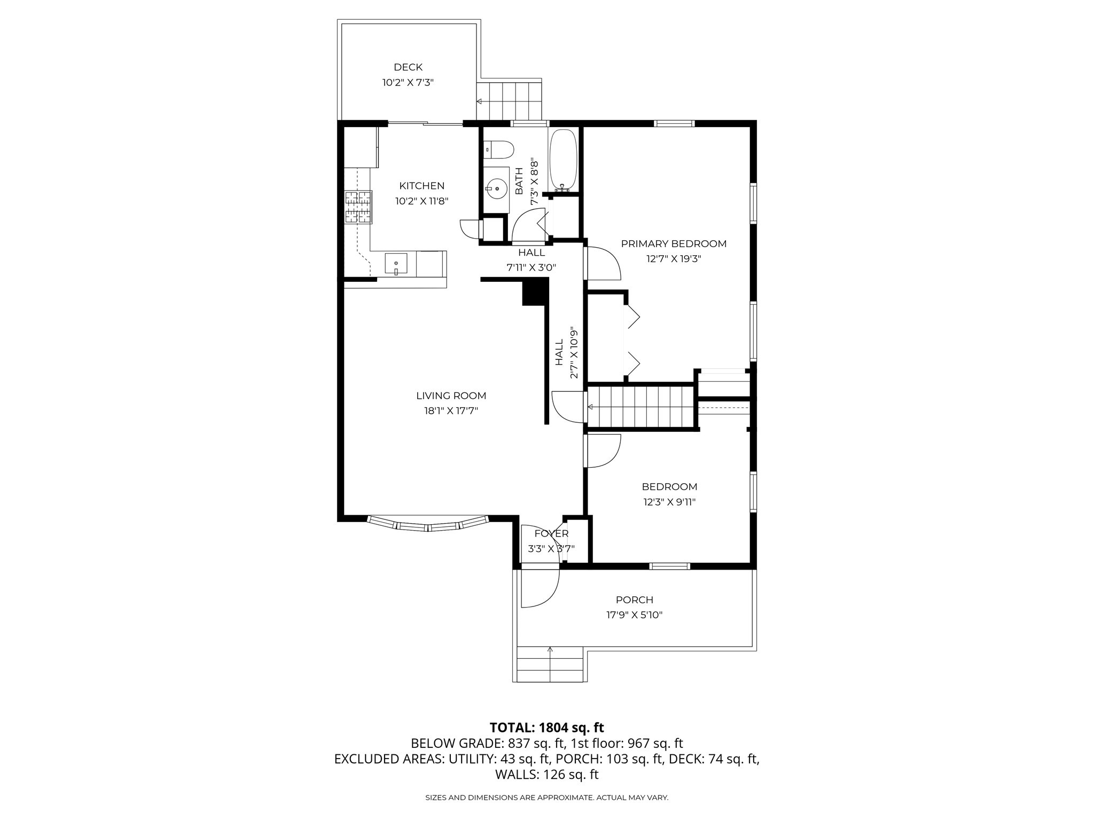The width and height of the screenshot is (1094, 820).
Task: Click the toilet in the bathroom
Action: pos(499,149)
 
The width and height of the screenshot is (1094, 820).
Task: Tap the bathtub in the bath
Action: pos(563,160)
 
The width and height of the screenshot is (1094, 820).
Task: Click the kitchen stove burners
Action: pos(358,207)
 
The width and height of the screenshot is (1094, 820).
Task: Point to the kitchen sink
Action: pos(396,264)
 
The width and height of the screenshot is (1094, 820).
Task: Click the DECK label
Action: pos(408,67)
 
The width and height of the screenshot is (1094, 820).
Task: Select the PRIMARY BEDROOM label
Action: pos(674,244)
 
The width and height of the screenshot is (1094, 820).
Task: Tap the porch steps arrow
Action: pos(550,650)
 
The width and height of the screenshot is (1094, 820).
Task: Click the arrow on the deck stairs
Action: pos(480,101)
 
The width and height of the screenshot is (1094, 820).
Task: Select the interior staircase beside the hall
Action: pos(641,407)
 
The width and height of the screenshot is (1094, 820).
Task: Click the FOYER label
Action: pos(551,534)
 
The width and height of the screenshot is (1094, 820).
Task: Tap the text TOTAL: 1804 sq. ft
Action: pos(546,728)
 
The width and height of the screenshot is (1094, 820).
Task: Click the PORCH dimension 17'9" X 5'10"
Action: pos(634,615)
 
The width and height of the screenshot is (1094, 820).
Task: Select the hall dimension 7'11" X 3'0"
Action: pos(532,267)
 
